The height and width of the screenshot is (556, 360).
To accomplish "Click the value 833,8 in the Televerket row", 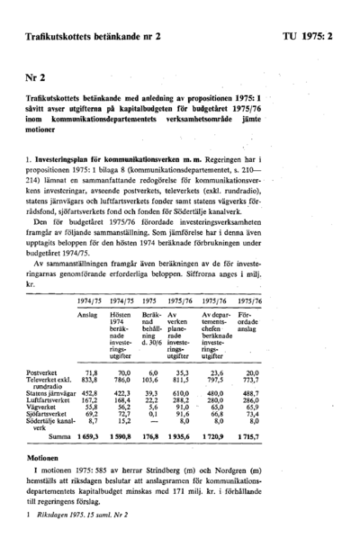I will pos(88,380).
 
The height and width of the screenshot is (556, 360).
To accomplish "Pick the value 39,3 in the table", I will pos(150,392).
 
